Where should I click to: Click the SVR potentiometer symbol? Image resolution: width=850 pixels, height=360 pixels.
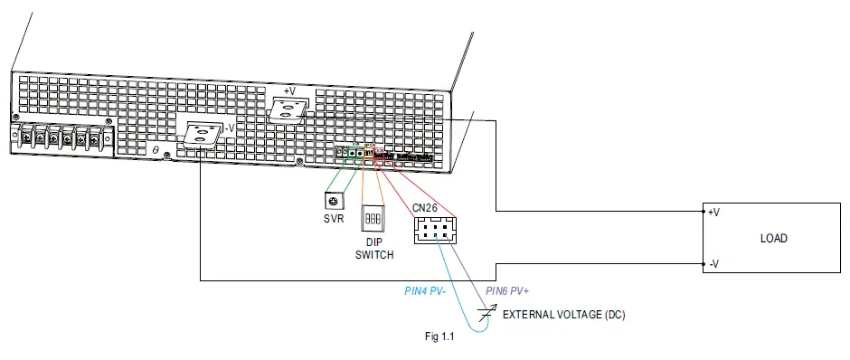pyautogui.click(x=335, y=200)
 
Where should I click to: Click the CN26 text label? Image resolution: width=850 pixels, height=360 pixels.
pyautogui.click(x=426, y=207)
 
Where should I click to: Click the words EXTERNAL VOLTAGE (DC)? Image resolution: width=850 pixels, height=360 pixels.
pyautogui.click(x=563, y=315)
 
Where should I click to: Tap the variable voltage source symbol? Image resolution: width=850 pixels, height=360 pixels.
pyautogui.click(x=489, y=314)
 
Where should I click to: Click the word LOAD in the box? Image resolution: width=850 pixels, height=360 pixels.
pyautogui.click(x=773, y=239)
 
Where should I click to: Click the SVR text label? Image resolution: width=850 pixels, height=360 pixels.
pyautogui.click(x=335, y=218)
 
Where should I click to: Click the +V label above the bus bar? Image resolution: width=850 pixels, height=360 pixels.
pyautogui.click(x=289, y=91)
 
